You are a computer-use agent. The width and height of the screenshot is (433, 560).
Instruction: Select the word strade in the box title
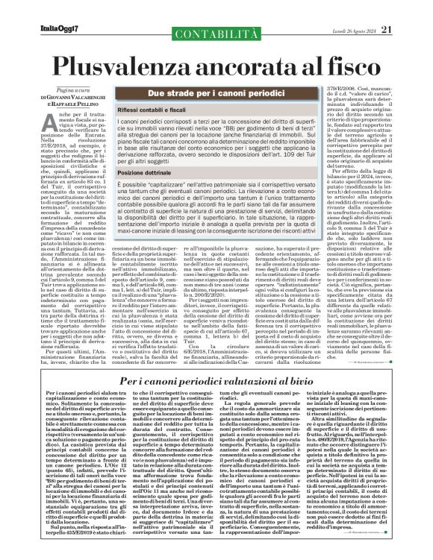pyautogui.click(x=181, y=94)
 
